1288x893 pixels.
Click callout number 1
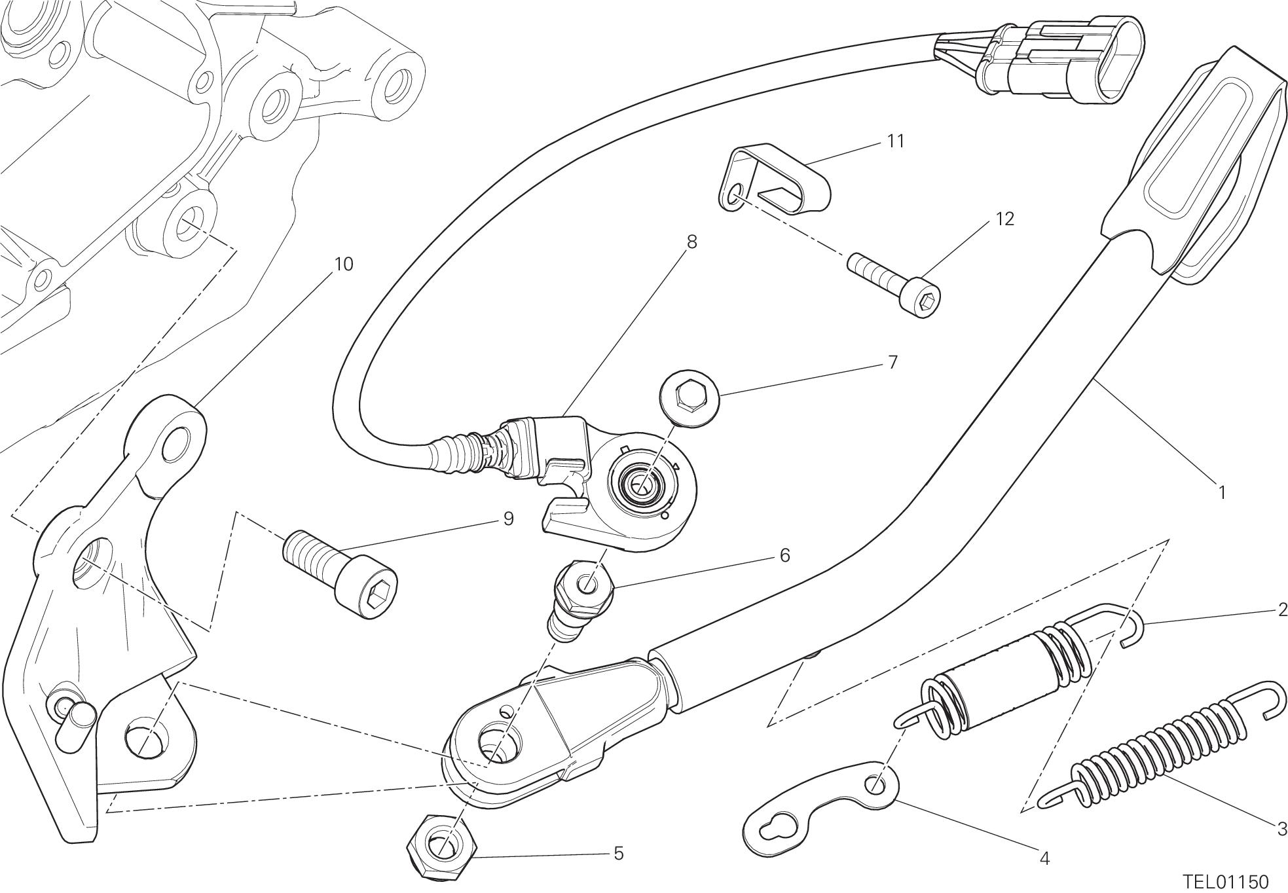[x=1221, y=492]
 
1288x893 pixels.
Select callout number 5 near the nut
[x=618, y=853]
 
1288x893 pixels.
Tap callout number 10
[x=343, y=264]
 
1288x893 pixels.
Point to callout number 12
[x=1004, y=219]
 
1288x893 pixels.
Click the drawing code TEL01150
[x=1225, y=881]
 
